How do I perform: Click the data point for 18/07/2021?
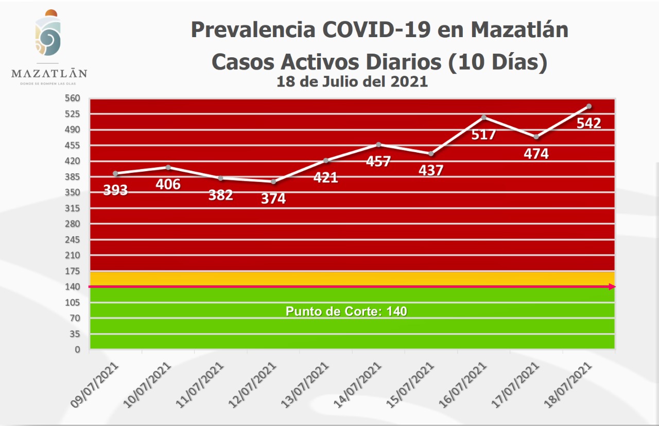(588, 106)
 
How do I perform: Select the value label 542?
(588, 123)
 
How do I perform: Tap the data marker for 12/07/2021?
(273, 182)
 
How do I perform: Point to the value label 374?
(273, 199)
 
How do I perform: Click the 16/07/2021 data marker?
(483, 117)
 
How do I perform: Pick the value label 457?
(378, 161)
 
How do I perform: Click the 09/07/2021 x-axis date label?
(96, 385)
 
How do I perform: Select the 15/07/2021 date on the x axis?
(411, 385)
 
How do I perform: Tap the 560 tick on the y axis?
(73, 98)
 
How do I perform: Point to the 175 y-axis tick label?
(73, 271)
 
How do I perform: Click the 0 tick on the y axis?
(77, 350)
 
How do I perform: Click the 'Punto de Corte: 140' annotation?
(346, 312)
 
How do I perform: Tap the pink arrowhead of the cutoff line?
(612, 287)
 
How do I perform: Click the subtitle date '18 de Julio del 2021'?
(352, 81)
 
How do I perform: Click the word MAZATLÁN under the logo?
(49, 73)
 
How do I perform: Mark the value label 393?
(115, 190)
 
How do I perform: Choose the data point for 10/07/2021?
(168, 167)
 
